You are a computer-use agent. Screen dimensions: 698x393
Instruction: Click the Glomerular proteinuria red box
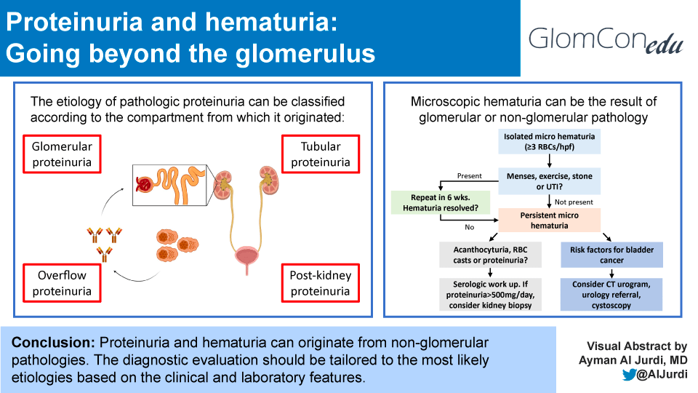62,154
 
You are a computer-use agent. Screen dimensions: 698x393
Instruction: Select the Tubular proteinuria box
321,154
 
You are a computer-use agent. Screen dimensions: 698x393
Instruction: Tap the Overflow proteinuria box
62,283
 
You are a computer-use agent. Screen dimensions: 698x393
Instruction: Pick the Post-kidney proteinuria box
321,283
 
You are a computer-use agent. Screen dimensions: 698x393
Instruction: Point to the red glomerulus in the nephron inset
144,184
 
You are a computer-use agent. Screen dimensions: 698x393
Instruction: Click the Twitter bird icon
629,374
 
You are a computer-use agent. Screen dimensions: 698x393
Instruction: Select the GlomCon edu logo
606,40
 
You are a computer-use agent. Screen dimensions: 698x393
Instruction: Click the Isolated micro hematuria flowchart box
550,142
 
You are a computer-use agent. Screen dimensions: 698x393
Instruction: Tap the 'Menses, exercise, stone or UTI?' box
550,181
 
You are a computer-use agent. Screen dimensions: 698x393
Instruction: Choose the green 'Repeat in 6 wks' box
441,203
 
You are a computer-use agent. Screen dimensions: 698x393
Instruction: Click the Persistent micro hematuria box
550,220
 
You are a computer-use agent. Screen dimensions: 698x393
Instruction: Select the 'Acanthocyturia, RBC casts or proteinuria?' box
490,255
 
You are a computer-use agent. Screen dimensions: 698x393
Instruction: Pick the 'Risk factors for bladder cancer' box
611,255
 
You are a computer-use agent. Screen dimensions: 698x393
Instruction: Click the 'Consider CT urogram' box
611,295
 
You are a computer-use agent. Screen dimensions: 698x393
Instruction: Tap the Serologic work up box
490,295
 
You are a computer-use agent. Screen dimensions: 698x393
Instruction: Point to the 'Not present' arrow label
574,202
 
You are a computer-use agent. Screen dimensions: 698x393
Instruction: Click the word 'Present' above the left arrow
469,176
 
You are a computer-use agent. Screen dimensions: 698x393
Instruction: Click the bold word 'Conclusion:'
53,342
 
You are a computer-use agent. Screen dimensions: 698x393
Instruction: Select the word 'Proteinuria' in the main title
74,23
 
